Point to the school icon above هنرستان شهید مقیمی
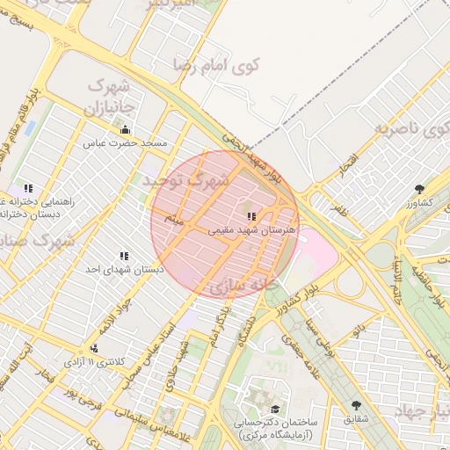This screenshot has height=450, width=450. point(251,215)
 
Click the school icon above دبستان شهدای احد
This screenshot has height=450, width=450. point(124,256)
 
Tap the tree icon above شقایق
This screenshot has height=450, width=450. point(355,405)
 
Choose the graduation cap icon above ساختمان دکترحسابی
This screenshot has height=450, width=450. point(275,410)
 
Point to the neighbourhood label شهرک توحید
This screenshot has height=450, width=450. point(185,182)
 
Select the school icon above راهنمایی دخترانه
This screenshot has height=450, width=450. point(28,188)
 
